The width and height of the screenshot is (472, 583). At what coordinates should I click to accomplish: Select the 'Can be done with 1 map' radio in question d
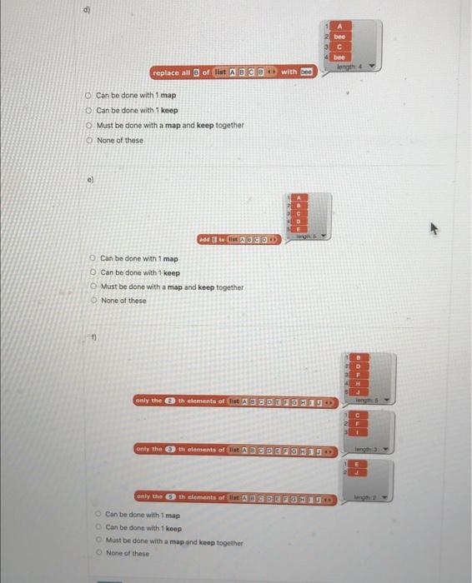(88, 95)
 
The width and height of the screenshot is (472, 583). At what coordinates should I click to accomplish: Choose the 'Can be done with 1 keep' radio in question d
(88, 110)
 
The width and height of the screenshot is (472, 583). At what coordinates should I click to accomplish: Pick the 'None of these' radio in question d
(88, 141)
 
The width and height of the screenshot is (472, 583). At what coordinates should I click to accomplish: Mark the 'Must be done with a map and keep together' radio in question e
(93, 287)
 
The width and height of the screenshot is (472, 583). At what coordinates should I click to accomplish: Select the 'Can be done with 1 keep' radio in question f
(98, 528)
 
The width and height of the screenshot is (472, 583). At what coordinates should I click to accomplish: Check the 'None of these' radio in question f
(98, 553)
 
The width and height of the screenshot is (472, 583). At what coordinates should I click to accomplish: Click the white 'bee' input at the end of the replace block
(306, 72)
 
